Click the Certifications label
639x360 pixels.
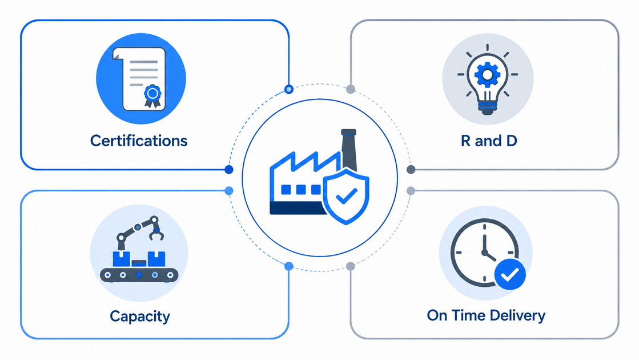(x=139, y=141)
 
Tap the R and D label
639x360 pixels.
(x=489, y=141)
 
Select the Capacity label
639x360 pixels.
(x=140, y=317)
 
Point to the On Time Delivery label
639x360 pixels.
(x=486, y=315)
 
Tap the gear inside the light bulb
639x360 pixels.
(x=488, y=74)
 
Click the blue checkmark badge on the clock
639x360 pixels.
(x=510, y=274)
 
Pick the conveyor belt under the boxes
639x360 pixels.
(x=139, y=275)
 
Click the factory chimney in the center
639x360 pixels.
(x=349, y=150)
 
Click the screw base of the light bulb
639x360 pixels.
(x=488, y=107)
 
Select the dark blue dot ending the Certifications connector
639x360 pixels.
(x=229, y=169)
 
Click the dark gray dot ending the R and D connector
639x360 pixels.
(x=411, y=169)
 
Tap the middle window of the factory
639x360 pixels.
(x=301, y=190)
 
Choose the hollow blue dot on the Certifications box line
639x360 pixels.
(x=289, y=89)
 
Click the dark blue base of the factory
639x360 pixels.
(x=297, y=209)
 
